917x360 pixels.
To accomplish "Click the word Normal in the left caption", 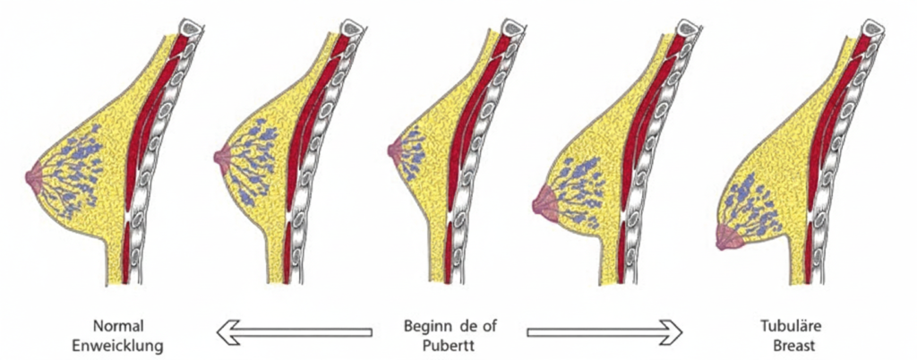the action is point(117,325).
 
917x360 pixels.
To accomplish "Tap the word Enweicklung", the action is point(117,346).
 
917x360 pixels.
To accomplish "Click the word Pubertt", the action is point(450,346).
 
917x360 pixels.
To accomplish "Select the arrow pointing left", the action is point(294,332).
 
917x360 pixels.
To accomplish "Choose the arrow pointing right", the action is point(604,332).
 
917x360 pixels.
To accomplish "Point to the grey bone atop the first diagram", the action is point(191,28).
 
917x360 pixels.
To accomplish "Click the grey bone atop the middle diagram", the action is point(512,28).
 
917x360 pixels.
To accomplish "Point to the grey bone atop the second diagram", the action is point(352,28).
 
